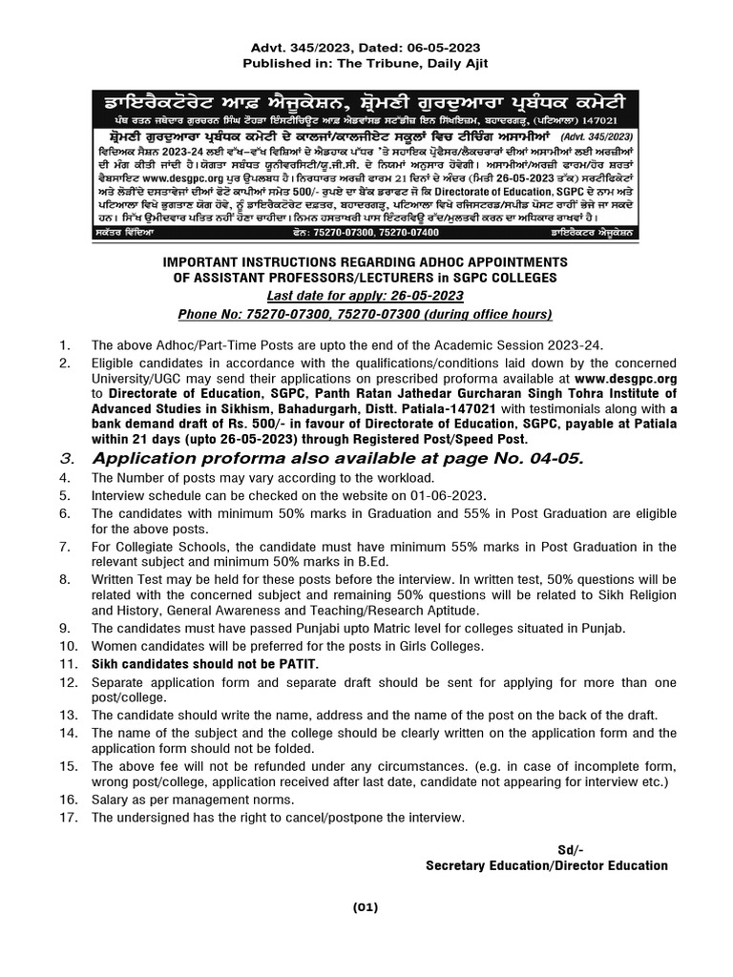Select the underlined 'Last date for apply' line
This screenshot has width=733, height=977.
coord(366,296)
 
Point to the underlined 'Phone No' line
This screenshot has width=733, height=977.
coord(366,315)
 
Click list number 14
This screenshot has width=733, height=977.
coord(67,732)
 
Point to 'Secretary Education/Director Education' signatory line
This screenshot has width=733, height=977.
coord(547,865)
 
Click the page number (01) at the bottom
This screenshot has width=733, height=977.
coord(366,907)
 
